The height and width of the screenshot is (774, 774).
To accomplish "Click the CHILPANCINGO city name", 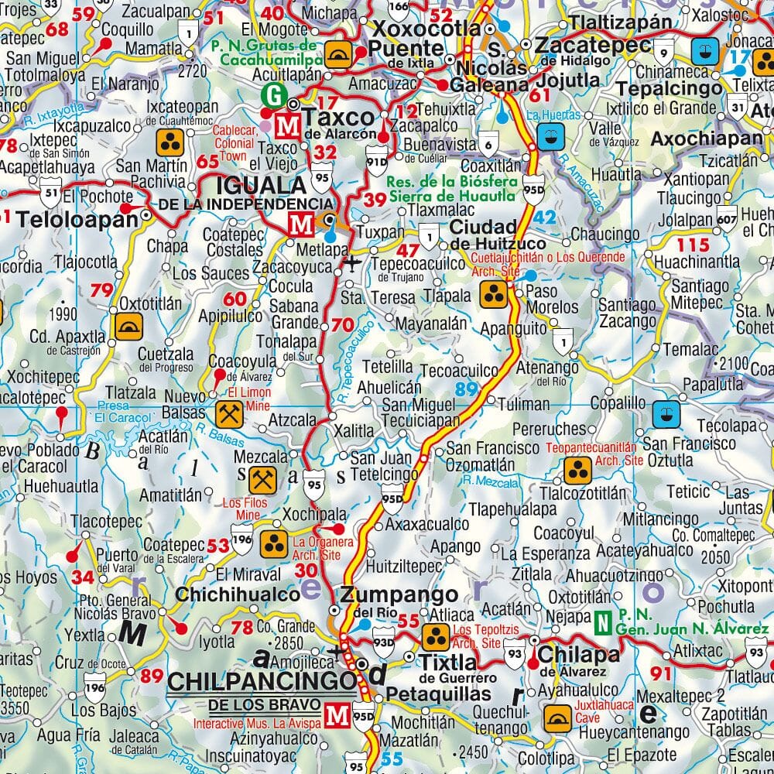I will click(262, 682).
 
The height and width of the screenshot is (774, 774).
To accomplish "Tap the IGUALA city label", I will click(251, 187).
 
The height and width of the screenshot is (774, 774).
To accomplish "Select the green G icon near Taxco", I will click(272, 95).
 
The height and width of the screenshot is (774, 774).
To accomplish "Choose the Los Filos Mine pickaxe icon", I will click(261, 480).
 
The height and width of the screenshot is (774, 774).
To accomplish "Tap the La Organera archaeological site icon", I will click(272, 543).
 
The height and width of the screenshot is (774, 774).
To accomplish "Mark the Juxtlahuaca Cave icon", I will click(556, 717).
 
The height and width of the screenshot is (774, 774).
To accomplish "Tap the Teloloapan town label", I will click(77, 220).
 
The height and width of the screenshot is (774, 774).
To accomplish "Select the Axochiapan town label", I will click(707, 139).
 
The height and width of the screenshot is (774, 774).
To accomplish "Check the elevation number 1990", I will click(62, 313).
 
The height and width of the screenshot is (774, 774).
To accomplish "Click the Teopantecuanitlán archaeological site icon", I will click(577, 468).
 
